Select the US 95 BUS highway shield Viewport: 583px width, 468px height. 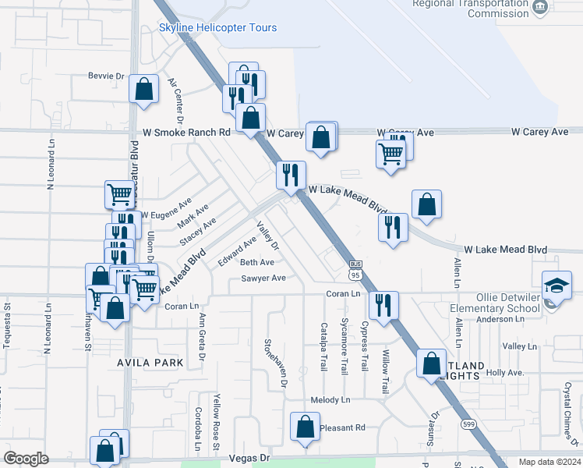(x=355, y=270)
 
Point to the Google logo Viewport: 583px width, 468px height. (x=26, y=459)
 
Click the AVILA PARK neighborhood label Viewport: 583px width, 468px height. (x=151, y=363)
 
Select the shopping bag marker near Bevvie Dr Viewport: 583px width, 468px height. (x=144, y=90)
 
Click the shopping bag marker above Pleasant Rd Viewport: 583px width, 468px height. (x=305, y=427)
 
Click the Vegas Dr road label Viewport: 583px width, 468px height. (x=249, y=460)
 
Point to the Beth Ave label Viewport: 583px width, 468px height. (x=257, y=263)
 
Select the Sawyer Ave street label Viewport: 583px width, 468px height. (x=263, y=278)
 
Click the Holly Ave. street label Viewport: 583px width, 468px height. (x=505, y=373)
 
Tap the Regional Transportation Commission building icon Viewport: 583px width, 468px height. (x=539, y=7)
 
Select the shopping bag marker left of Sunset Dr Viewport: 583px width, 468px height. (x=431, y=363)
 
